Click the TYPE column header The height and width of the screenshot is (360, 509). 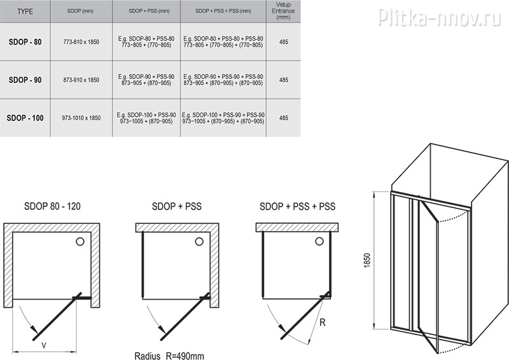coord(25,11)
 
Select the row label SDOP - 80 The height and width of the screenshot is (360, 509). coord(25,42)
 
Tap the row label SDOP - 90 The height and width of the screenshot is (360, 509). coord(25,80)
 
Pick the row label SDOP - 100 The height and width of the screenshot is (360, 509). coord(25,118)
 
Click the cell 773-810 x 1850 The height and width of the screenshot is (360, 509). coord(81,42)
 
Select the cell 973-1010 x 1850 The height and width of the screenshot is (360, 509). coord(81,118)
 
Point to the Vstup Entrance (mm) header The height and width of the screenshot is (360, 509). coord(283,11)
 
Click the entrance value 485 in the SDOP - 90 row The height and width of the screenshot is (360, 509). coord(283,80)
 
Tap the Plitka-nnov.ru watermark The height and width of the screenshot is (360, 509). coord(440,17)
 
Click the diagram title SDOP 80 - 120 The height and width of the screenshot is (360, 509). coord(52,206)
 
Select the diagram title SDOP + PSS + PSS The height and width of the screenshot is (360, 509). coord(297,206)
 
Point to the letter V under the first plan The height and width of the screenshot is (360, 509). coord(44,346)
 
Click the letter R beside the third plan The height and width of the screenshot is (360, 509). coord(323,322)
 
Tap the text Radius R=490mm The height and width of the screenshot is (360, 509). coord(169,356)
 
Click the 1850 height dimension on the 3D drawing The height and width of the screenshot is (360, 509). coord(367,260)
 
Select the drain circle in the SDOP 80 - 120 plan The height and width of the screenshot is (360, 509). coord(80,241)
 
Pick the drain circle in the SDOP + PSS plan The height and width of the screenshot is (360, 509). coord(199,241)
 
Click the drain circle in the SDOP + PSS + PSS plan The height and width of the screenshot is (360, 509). coord(319,241)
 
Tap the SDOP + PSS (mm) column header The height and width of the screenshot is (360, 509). coord(149,11)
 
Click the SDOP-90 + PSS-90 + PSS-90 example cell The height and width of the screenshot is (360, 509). coord(223,80)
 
